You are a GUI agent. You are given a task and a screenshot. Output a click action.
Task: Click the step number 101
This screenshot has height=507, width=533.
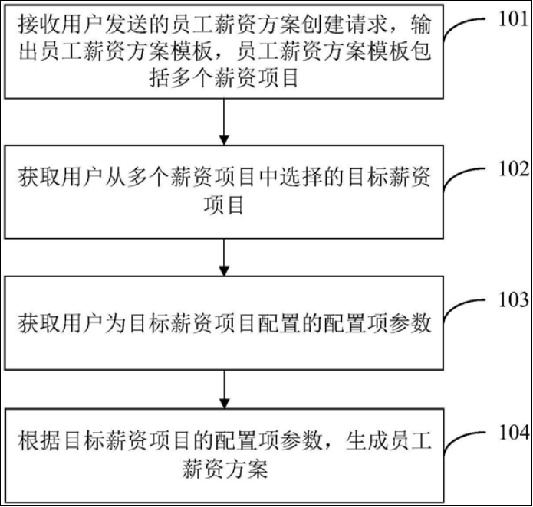point(514,18)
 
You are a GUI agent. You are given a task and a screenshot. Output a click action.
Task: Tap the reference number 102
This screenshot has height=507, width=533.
point(514,168)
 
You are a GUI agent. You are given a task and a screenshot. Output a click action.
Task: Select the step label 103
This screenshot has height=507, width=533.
point(514,299)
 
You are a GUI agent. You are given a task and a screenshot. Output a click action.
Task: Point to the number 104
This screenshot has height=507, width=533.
point(514,433)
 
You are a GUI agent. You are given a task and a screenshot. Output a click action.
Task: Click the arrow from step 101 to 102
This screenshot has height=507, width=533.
point(224,122)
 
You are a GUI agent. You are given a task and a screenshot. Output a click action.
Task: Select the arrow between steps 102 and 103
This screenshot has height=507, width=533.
point(224,257)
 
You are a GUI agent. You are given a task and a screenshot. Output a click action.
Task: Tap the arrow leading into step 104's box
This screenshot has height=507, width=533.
point(224,389)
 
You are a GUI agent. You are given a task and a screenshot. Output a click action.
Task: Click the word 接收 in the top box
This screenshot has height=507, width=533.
point(39,25)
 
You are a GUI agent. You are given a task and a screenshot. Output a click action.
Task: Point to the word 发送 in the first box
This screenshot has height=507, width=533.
point(127,25)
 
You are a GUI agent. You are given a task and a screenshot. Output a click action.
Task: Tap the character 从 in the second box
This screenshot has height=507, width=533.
point(115,177)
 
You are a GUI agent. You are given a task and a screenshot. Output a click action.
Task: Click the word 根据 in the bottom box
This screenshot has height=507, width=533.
point(39,440)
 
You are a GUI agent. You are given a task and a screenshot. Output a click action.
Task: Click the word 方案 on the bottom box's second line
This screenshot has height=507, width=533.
point(246,469)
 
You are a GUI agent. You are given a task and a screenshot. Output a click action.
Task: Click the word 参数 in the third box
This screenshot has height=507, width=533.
point(410,322)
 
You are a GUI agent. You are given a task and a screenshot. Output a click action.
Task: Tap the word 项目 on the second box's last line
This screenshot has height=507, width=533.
point(224,205)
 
